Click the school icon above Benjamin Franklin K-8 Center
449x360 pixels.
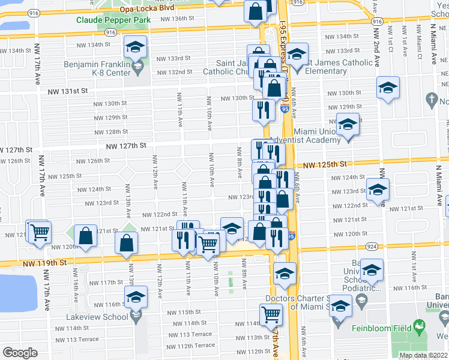(136, 47)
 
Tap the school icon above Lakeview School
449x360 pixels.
(136, 297)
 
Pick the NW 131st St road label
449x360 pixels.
(68, 91)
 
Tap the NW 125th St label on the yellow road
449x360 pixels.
(325, 164)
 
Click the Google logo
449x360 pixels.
(20, 352)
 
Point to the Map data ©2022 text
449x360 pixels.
(423, 355)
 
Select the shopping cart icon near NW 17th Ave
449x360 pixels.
(40, 232)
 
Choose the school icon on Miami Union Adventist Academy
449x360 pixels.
(348, 125)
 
